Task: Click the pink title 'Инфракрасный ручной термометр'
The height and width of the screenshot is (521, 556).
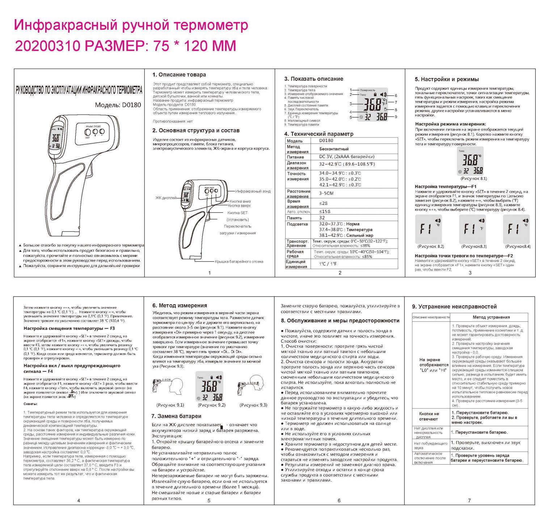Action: [x=131, y=25]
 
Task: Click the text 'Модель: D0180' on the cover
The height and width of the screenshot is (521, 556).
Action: [x=118, y=105]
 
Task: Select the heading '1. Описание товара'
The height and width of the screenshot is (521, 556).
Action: [x=179, y=75]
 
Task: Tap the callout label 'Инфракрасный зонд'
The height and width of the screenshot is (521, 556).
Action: [x=253, y=191]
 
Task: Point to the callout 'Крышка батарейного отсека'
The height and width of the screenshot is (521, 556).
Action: [x=239, y=262]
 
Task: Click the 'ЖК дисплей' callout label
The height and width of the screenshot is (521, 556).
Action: [x=166, y=198]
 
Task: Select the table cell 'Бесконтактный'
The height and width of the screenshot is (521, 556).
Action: [x=334, y=149]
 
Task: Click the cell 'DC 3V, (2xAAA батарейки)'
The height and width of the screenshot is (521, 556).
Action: [x=346, y=157]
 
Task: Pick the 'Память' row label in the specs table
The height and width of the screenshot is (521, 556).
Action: [x=294, y=218]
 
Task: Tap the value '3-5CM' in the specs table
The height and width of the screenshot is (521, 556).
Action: [x=326, y=194]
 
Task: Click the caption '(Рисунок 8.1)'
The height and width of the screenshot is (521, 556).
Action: [x=473, y=179]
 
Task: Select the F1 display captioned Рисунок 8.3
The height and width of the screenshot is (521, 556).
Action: [x=472, y=229]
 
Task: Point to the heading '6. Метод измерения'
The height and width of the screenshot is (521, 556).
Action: [x=180, y=306]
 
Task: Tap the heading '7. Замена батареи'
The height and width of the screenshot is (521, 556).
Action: [x=176, y=416]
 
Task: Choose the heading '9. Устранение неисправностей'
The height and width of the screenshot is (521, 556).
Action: [x=454, y=307]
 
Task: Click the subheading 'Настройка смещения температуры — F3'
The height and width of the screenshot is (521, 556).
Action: [x=69, y=329]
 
